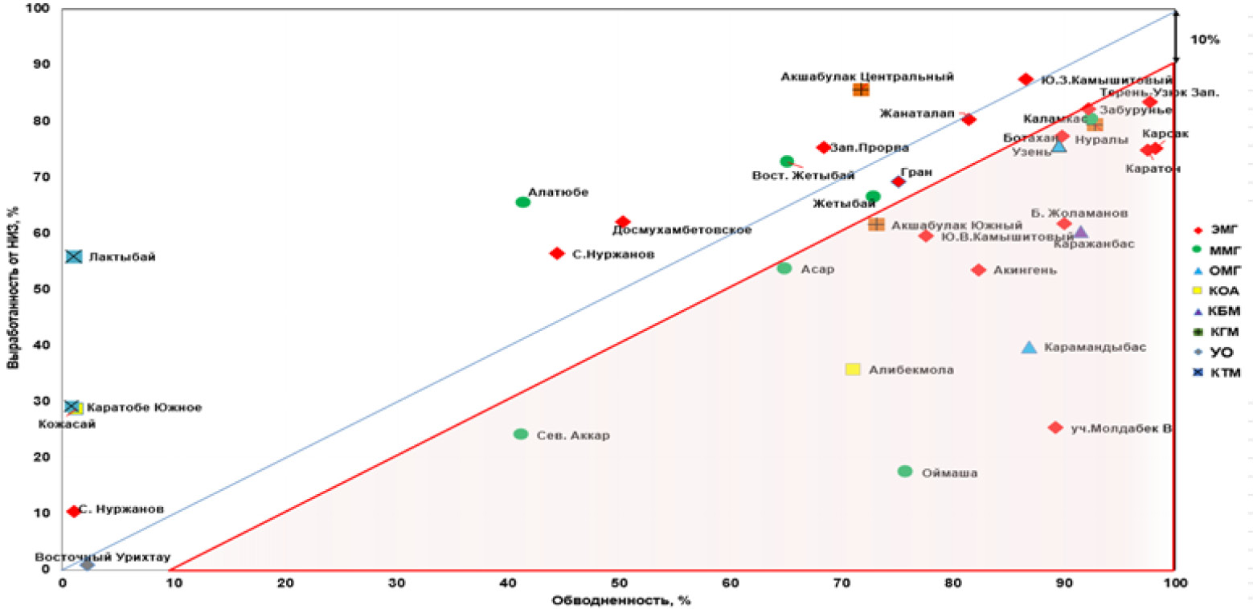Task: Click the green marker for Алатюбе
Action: pos(522,202)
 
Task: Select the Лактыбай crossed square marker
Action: pos(74,256)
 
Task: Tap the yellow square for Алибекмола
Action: pos(853,369)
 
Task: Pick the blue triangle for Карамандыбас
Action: pos(1029,347)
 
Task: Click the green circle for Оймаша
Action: pos(905,471)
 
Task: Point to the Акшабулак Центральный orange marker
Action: pos(861,89)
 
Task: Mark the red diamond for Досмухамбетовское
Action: pos(623,222)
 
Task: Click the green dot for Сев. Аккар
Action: pos(521,434)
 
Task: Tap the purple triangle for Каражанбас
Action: pos(1081,232)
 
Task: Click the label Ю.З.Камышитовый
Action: pos(1106,80)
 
